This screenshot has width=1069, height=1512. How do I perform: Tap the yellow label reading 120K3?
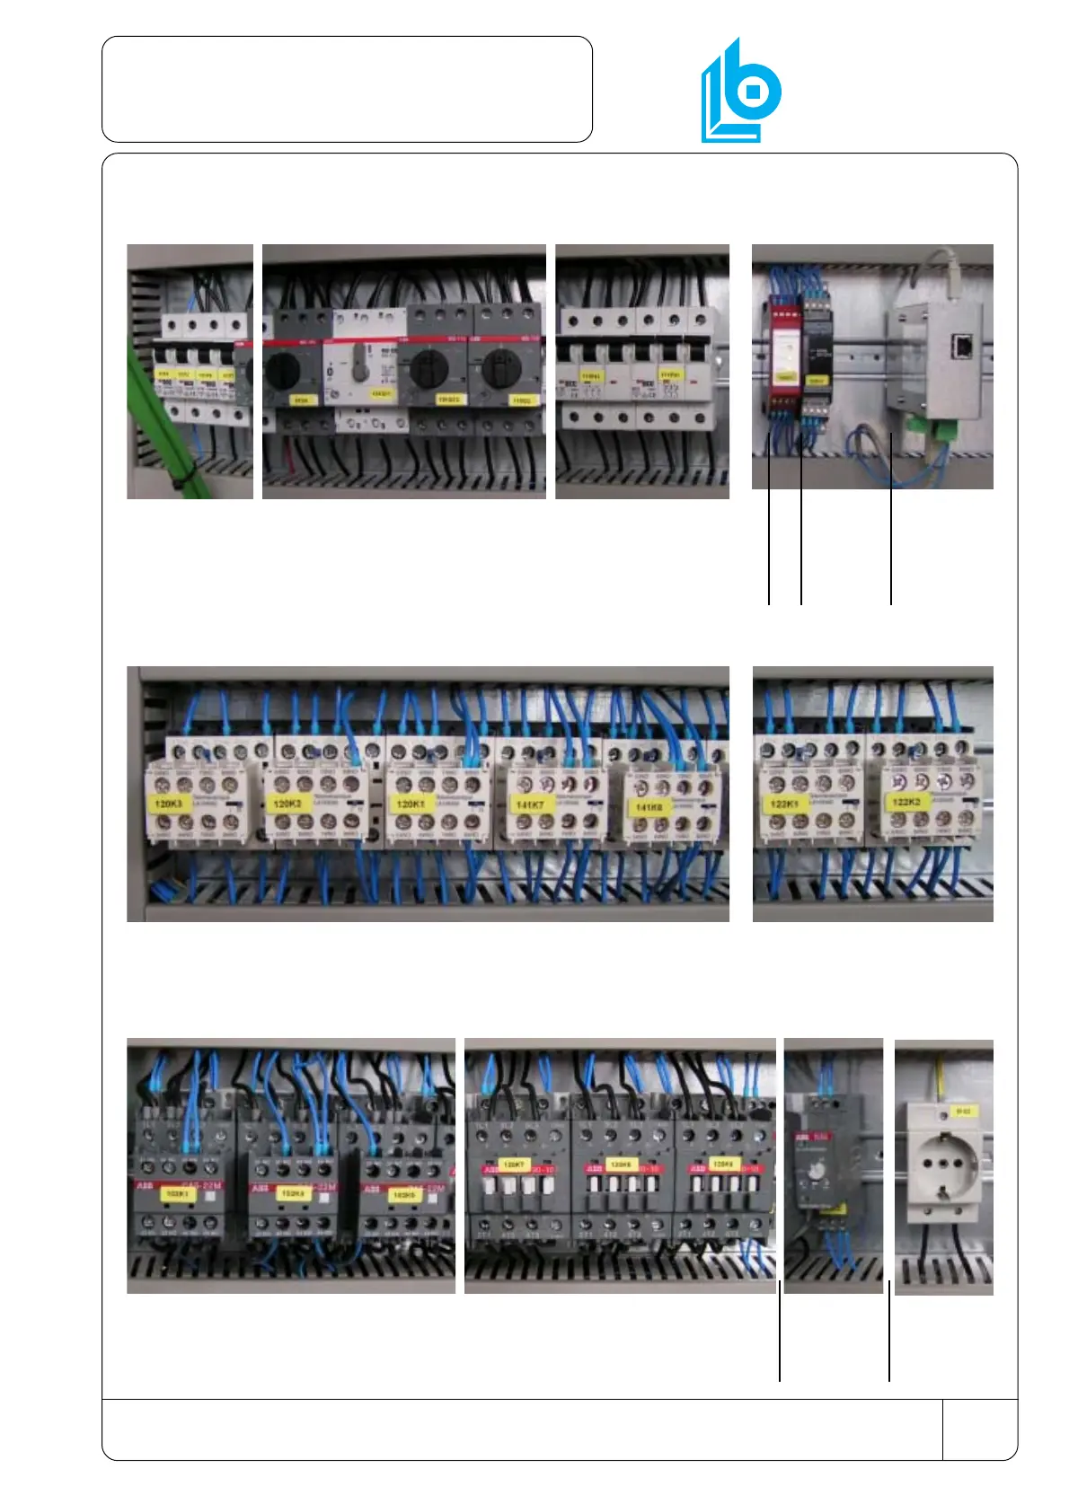coord(168,804)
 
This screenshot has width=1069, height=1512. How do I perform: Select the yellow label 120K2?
coord(287,803)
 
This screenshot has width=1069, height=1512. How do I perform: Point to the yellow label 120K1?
coord(411,804)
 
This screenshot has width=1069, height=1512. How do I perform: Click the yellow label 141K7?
coord(529,804)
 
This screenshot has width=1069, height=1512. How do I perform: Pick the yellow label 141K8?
coord(648,807)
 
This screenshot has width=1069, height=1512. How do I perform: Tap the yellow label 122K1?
coord(784,804)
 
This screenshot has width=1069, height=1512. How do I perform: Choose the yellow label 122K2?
coord(906,801)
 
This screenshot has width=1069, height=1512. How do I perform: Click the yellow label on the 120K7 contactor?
coord(513,1165)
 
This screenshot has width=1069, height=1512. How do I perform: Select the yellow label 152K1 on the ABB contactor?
coord(176,1194)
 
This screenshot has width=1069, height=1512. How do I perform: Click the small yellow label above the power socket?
coord(963,1112)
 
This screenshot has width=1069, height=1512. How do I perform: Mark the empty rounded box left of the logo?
coord(347,89)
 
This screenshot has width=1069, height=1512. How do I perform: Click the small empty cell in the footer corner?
coord(979,1428)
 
